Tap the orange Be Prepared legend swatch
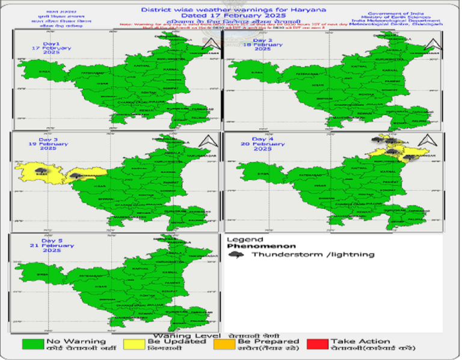tap(224, 344)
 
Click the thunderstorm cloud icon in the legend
tap(237, 254)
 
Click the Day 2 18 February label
tap(263, 45)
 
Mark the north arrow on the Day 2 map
tap(430, 43)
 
